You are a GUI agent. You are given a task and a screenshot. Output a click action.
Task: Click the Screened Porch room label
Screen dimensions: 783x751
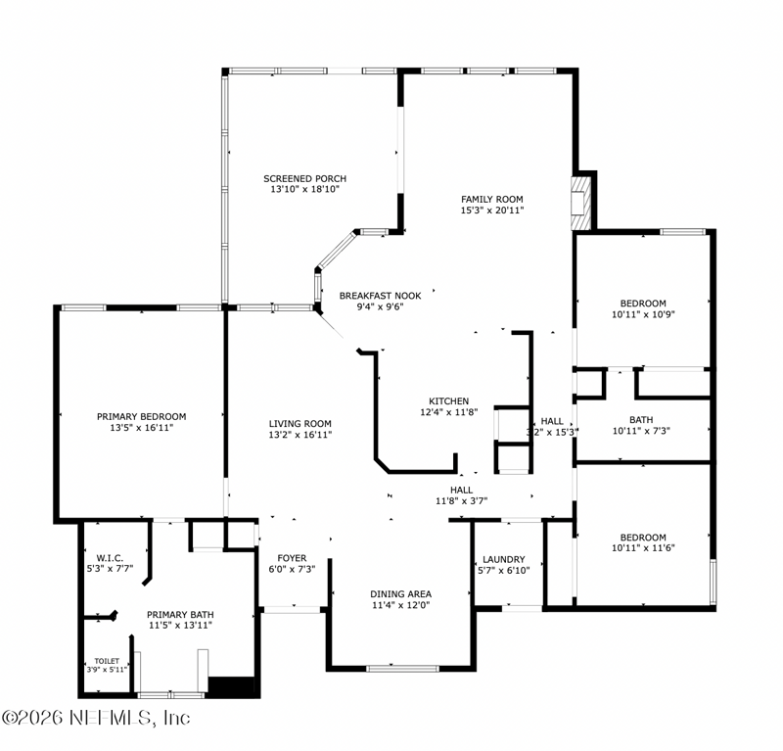pos(304,178)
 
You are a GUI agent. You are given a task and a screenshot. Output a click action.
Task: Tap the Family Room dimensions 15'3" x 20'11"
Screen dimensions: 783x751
pos(492,211)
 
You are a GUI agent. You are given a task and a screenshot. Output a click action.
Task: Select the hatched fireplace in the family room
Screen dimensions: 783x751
pos(581,203)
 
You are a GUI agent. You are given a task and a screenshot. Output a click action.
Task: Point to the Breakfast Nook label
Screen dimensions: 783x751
pos(380,296)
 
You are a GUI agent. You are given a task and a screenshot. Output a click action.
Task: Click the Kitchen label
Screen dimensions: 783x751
pos(449,401)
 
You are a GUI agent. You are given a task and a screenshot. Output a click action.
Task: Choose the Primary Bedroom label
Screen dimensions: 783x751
pos(141,417)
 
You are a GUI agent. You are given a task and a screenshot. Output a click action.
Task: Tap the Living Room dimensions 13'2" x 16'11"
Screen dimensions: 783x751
pos(300,435)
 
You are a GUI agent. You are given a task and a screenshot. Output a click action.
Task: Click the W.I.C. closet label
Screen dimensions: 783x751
pos(110,558)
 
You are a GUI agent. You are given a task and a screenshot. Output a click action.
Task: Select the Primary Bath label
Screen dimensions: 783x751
pos(180,615)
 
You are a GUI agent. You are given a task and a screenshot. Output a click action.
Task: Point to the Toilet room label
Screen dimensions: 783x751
pos(107,661)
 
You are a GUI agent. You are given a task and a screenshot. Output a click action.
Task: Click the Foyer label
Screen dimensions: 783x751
pos(292,558)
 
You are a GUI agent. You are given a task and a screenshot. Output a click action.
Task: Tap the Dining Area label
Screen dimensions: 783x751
pos(401,594)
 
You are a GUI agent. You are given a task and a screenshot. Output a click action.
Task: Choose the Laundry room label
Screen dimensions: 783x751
pos(504,560)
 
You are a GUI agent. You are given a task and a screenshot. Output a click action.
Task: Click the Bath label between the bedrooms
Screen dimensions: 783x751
pos(641,420)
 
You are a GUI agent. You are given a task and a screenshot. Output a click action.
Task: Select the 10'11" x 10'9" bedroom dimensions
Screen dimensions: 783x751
pos(643,314)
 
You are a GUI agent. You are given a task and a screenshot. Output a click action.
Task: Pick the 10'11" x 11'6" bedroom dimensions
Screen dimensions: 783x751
pos(643,547)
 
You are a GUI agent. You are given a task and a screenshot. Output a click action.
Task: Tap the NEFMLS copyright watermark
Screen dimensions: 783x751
pos(96,718)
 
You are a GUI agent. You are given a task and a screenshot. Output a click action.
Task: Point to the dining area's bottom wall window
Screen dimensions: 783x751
pos(402,669)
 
